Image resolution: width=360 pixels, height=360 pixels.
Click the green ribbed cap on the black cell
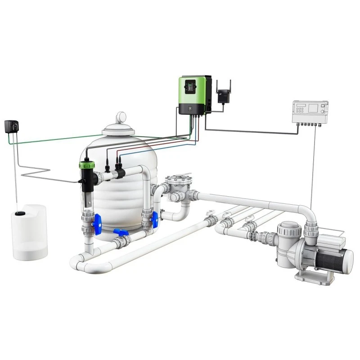pos(86,164)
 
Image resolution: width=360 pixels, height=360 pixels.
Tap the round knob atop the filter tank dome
pos(121,118)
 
